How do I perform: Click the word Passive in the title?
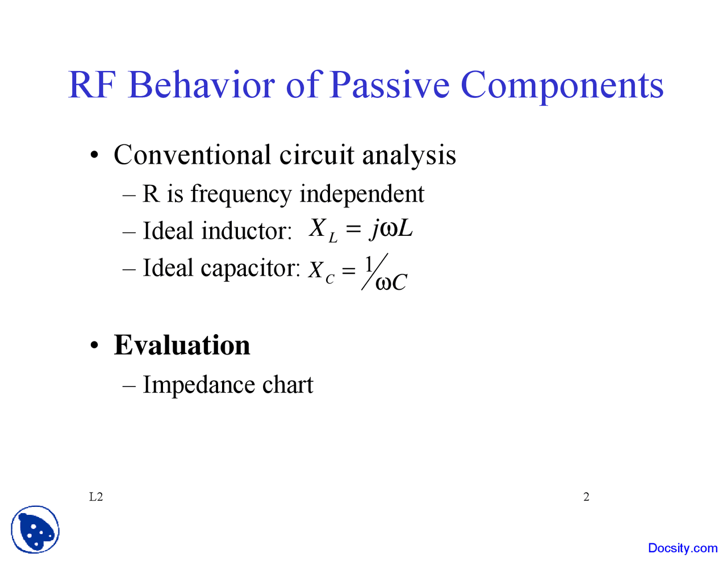click(389, 85)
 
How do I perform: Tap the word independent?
click(362, 194)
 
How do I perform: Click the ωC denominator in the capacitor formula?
click(391, 282)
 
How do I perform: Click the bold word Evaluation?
click(182, 345)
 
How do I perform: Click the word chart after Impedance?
click(287, 385)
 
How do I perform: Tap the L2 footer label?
click(96, 497)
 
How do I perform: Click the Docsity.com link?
click(683, 548)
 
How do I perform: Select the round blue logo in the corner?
click(35, 530)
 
